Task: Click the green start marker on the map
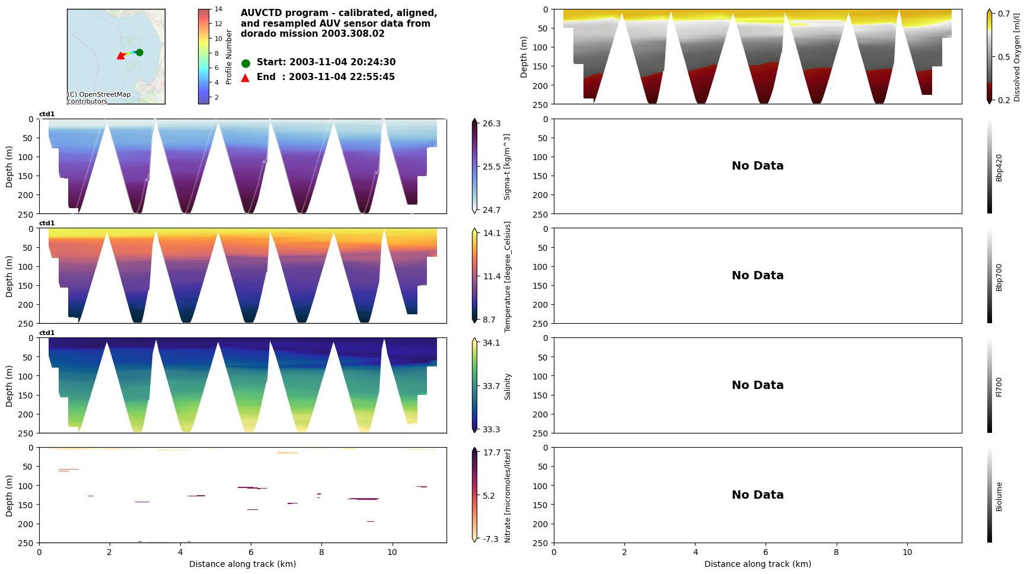(x=139, y=52)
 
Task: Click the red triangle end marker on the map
(x=120, y=56)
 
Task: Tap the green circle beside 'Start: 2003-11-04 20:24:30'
(x=245, y=63)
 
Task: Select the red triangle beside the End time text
(x=245, y=78)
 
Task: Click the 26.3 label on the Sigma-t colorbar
(x=492, y=123)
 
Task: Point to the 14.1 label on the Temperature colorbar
(x=492, y=233)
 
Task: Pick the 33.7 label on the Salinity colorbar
(x=492, y=386)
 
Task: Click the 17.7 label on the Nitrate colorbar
(x=492, y=452)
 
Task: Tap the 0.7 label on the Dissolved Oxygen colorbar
(x=1004, y=14)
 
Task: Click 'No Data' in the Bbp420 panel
(x=757, y=166)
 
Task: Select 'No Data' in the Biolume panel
(x=757, y=495)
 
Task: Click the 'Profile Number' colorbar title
(x=229, y=57)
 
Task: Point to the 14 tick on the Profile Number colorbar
(x=218, y=9)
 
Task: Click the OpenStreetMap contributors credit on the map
(x=98, y=98)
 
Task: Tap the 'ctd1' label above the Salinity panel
(x=47, y=333)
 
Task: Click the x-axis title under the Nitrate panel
(x=243, y=564)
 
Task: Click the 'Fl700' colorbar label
(x=999, y=387)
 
